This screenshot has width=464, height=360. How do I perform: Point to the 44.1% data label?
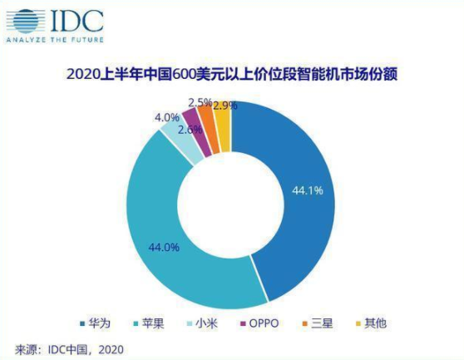(x=306, y=190)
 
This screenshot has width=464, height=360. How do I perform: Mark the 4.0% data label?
(x=166, y=117)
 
